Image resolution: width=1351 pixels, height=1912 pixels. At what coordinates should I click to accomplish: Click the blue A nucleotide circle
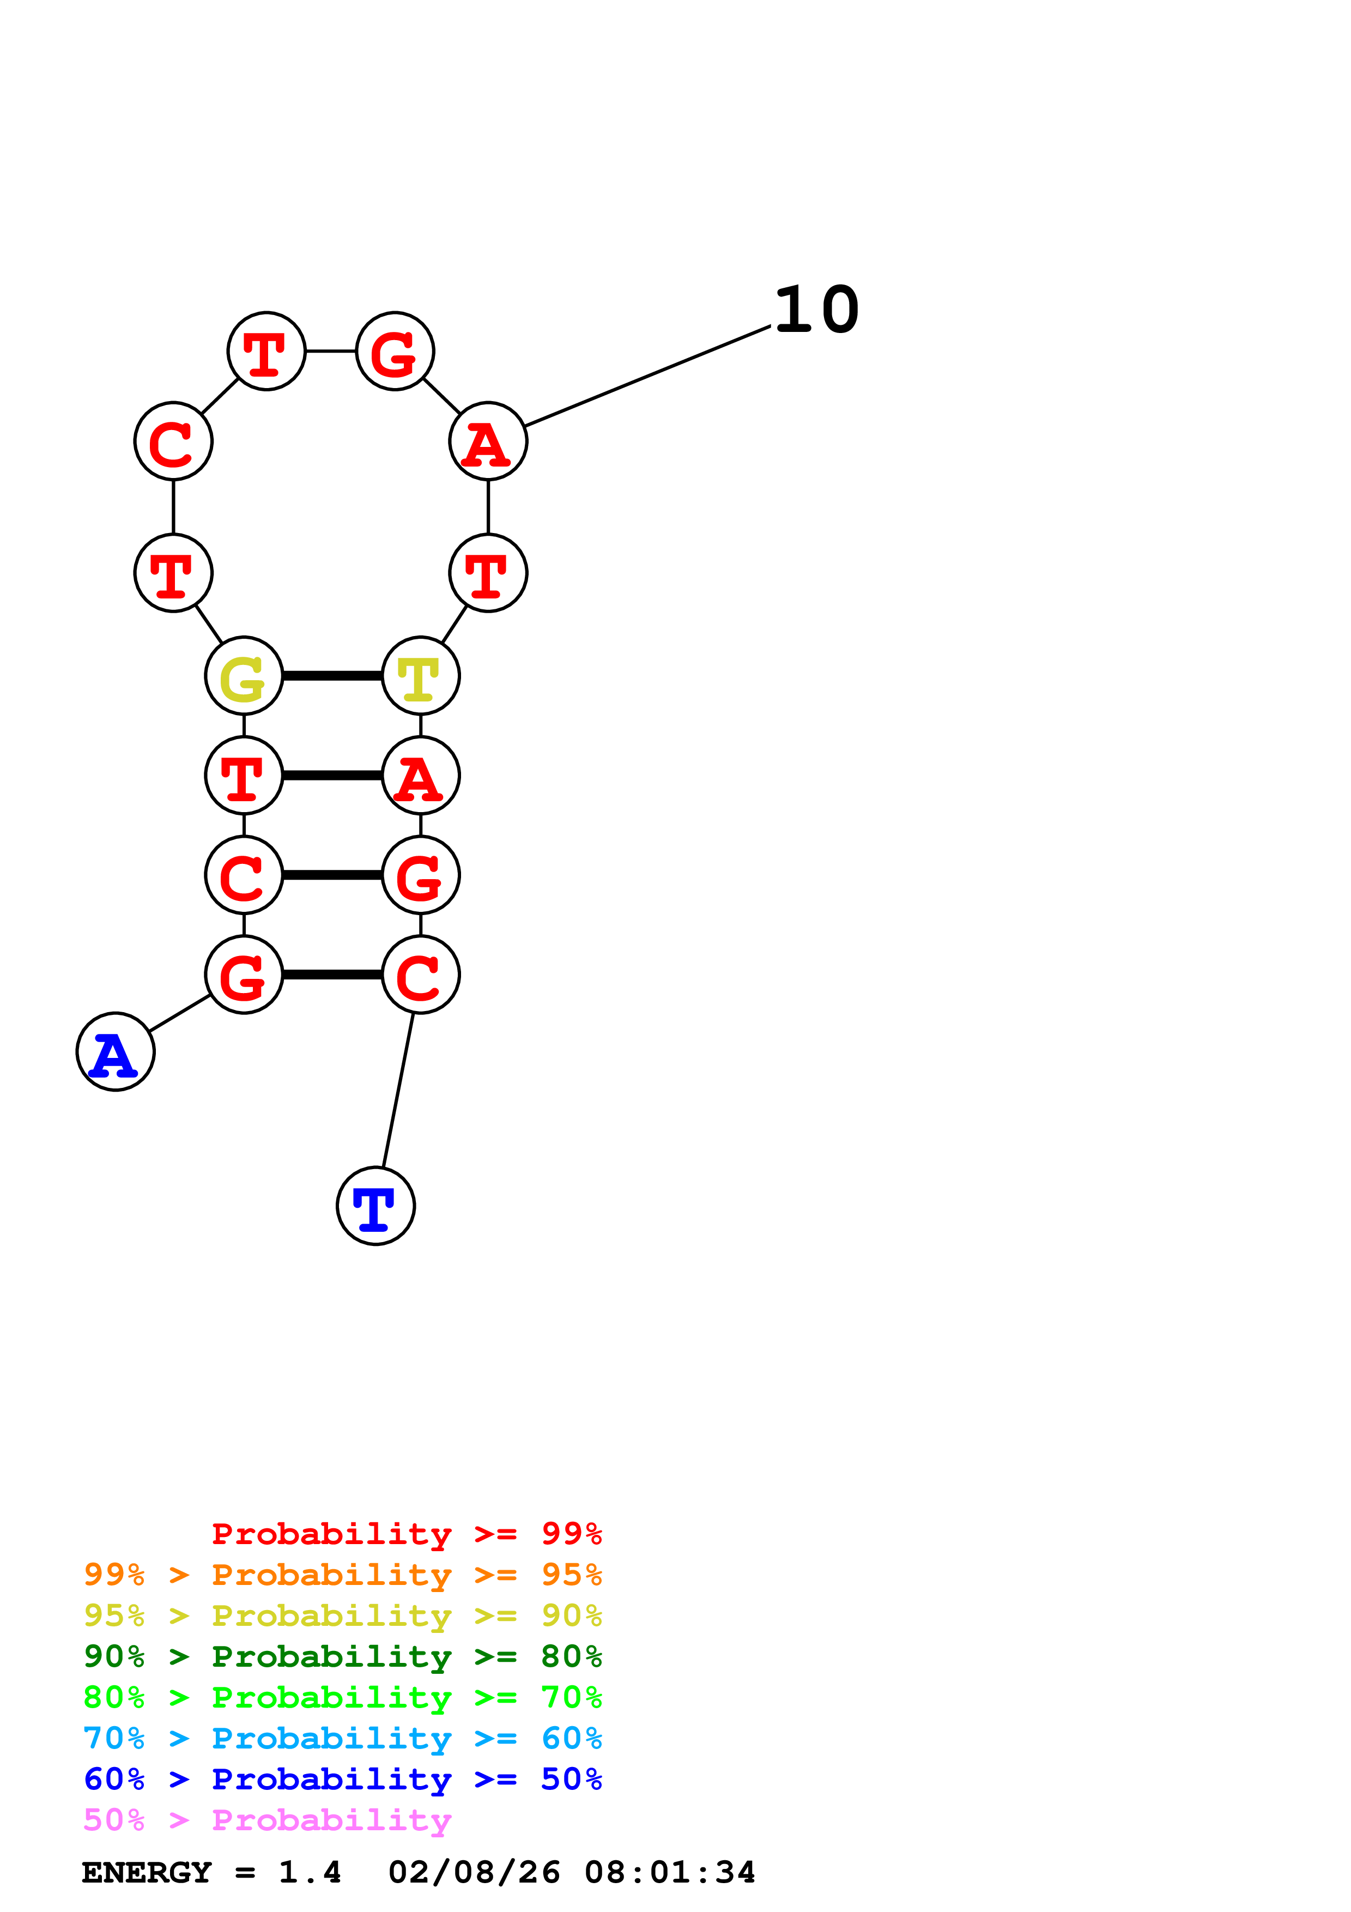tap(115, 1052)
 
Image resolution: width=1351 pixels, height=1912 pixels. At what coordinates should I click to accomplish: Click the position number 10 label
tap(816, 310)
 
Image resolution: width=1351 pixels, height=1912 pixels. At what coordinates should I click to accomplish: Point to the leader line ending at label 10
tap(647, 377)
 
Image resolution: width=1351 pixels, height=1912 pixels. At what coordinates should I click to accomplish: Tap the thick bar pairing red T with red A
tap(332, 775)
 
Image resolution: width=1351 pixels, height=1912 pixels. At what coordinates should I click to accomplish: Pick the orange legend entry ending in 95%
tap(342, 1575)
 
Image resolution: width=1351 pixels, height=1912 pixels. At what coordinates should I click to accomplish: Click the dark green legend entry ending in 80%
tap(342, 1656)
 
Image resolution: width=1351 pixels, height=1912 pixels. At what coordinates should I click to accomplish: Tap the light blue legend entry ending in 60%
tap(342, 1738)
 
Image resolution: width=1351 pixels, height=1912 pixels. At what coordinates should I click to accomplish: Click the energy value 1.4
tap(310, 1872)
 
